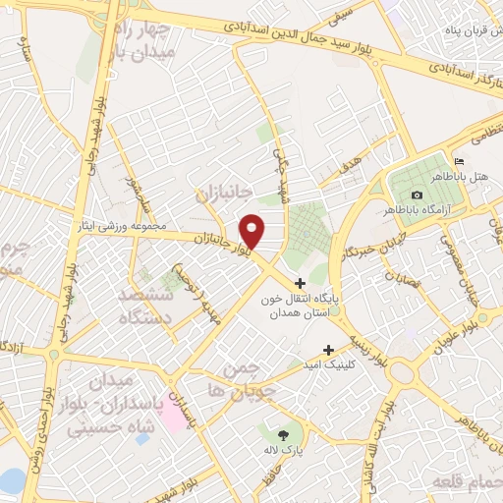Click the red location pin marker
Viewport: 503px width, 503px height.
coord(253,230)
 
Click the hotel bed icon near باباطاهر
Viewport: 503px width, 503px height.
coord(458,161)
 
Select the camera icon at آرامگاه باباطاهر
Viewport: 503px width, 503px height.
coord(419,195)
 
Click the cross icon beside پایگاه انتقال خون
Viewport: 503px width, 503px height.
coord(300,283)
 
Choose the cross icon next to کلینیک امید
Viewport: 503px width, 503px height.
coord(329,350)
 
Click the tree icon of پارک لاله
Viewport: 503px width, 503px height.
coord(285,434)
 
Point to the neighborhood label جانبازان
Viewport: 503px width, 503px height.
coord(224,191)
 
